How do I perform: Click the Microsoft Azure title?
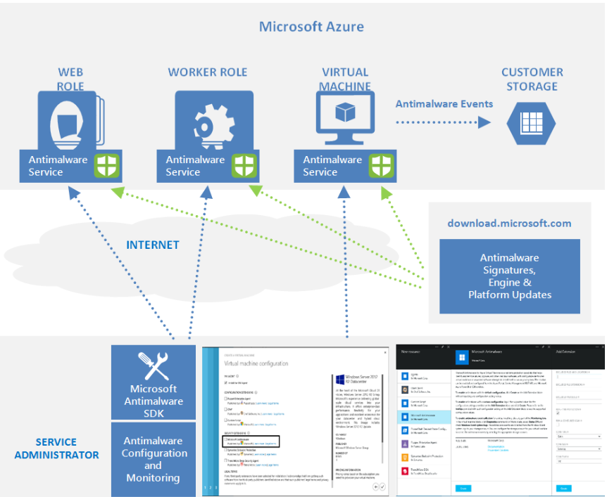click(x=311, y=27)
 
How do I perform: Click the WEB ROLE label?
click(x=70, y=79)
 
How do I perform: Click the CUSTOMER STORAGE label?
click(x=532, y=79)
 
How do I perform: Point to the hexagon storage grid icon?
click(x=532, y=122)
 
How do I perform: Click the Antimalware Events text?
click(x=444, y=104)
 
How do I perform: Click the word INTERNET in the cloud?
click(x=153, y=245)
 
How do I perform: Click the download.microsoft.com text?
click(x=509, y=224)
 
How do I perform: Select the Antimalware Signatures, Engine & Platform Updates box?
click(x=510, y=276)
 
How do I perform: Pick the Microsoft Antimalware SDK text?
click(x=153, y=401)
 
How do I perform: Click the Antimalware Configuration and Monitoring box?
click(x=153, y=458)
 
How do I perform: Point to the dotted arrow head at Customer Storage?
click(x=485, y=122)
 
